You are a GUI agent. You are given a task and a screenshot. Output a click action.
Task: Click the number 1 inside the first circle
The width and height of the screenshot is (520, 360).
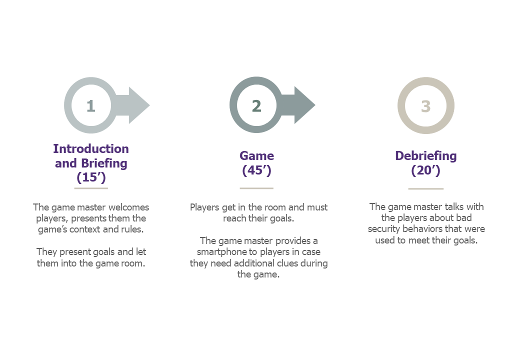coord(91,106)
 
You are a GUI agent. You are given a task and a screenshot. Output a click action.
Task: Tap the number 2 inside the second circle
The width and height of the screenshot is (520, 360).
coord(256,106)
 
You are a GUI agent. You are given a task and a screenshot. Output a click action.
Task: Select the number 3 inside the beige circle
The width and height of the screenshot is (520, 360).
coord(426,106)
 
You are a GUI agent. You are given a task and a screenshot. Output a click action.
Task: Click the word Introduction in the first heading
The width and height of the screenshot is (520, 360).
coord(91,149)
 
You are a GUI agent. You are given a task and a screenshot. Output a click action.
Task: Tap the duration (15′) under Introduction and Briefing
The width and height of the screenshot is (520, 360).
coord(91,177)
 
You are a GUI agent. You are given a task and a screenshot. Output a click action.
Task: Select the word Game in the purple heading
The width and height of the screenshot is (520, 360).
coord(256,156)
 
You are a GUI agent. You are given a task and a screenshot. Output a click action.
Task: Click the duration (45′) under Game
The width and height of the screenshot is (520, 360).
coord(256,170)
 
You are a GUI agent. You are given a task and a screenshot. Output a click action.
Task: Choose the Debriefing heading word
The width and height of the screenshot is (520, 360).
coord(426,156)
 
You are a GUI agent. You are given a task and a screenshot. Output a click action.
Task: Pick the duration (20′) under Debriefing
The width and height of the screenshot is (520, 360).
coord(426,170)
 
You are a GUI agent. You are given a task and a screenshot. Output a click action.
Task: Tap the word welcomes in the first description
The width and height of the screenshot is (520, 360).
coord(128,207)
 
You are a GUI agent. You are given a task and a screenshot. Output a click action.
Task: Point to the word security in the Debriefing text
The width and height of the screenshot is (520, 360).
coord(383,229)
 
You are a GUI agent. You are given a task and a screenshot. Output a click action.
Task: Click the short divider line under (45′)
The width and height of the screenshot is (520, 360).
coord(256,188)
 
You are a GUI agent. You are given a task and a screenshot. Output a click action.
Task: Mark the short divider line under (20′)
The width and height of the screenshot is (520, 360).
coord(426,188)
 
